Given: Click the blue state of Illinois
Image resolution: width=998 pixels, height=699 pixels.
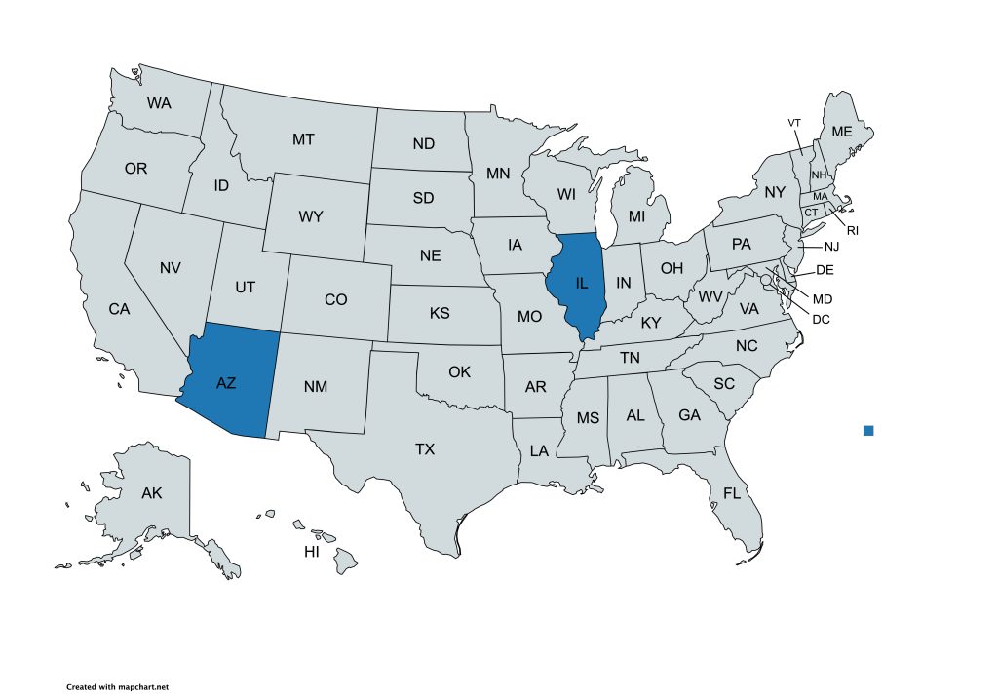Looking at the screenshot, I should coord(580,284).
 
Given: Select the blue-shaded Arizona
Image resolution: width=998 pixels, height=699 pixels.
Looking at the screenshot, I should coord(226,383).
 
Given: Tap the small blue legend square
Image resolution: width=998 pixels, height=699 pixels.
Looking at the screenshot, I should coord(868,430).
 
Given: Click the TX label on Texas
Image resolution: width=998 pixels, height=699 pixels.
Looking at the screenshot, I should coord(425,449).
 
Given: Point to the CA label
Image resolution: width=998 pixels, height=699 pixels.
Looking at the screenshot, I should coord(119,309).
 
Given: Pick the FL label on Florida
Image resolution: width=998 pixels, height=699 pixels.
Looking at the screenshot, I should coord(732,493).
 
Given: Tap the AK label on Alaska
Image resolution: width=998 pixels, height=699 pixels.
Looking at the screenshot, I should coord(151,493).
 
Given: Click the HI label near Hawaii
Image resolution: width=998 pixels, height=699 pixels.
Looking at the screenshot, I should coord(312,552).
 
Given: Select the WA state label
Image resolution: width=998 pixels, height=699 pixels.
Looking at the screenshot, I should coord(160,102).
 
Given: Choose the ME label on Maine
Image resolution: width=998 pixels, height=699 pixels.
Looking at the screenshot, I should coord(841,132).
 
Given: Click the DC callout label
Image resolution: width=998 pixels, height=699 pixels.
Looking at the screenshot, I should coord(821,318).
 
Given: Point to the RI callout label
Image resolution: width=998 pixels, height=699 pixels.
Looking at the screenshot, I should coord(852,231).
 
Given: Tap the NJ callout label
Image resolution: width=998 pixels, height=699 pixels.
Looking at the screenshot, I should coord(830,247).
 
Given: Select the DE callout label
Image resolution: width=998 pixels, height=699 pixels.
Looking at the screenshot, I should coord(825,269).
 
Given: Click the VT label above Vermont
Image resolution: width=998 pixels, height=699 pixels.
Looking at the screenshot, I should coord(794,123).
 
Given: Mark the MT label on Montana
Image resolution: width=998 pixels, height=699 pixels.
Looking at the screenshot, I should coord(303,139).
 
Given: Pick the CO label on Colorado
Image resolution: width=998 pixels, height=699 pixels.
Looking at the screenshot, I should coord(335,299).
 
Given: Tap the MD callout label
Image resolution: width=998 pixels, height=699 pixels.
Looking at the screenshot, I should coord(823,298).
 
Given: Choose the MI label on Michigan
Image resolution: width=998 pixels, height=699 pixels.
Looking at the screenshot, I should coord(636,215).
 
